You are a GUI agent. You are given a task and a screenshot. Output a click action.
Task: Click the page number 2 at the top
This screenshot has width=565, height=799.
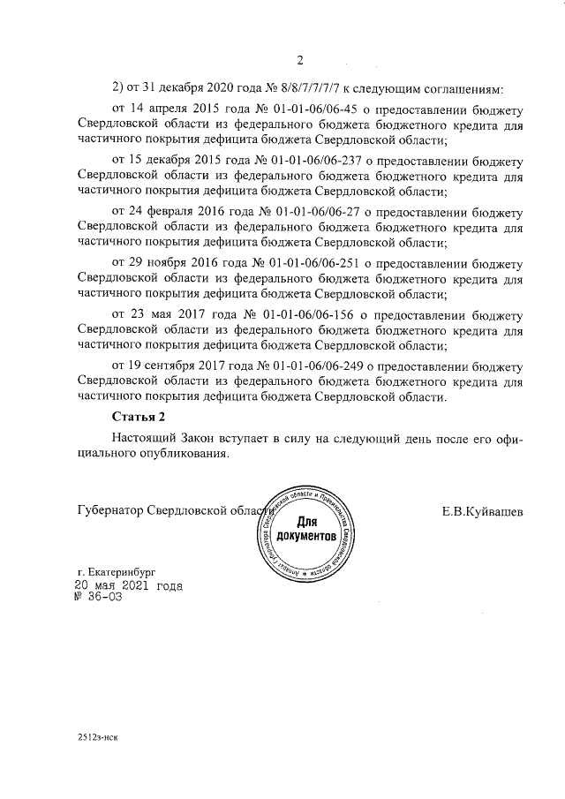[x=299, y=60]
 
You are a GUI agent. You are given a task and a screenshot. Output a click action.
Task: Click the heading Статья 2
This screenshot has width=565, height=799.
[x=139, y=416]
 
